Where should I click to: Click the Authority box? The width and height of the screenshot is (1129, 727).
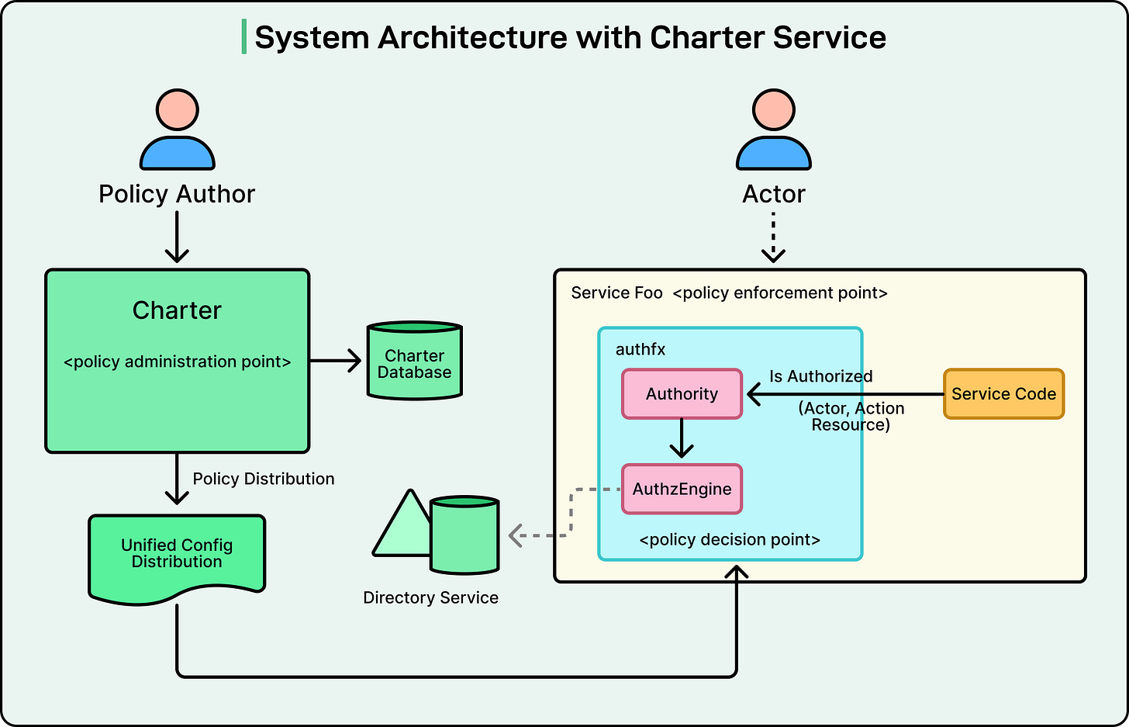pyautogui.click(x=682, y=394)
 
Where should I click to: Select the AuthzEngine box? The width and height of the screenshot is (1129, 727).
pyautogui.click(x=682, y=489)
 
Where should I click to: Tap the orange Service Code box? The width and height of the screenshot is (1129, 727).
pyautogui.click(x=1003, y=394)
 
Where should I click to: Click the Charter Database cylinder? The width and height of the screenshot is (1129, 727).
pyautogui.click(x=414, y=361)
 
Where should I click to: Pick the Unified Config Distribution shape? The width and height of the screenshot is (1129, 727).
pyautogui.click(x=177, y=555)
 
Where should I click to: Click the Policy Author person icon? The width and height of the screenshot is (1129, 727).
pyautogui.click(x=177, y=130)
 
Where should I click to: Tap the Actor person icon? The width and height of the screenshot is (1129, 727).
pyautogui.click(x=773, y=130)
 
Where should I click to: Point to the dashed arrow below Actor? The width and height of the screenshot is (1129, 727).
pyautogui.click(x=773, y=237)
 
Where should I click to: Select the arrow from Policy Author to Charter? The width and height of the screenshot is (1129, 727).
pyautogui.click(x=177, y=237)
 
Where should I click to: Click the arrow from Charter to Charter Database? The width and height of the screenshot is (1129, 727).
pyautogui.click(x=335, y=361)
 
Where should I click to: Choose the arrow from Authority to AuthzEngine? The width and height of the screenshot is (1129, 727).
pyautogui.click(x=682, y=438)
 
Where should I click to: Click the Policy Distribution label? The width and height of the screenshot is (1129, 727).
pyautogui.click(x=264, y=479)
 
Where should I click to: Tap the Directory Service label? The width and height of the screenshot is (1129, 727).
pyautogui.click(x=430, y=597)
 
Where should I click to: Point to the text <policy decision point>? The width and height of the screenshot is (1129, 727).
pyautogui.click(x=730, y=540)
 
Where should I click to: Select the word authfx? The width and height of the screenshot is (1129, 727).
pyautogui.click(x=640, y=349)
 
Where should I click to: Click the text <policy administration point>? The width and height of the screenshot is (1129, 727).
pyautogui.click(x=177, y=362)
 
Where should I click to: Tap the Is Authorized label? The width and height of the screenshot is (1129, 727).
pyautogui.click(x=820, y=376)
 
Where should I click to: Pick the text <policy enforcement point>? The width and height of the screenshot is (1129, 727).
pyautogui.click(x=780, y=293)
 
